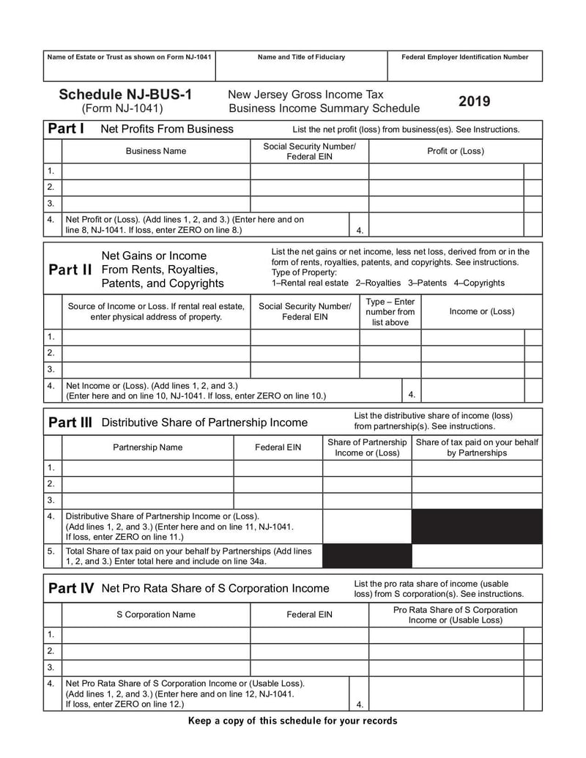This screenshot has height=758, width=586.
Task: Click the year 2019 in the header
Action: coord(475,101)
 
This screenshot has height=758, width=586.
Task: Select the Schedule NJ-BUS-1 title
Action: coord(125,94)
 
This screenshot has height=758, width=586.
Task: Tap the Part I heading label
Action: coord(66,129)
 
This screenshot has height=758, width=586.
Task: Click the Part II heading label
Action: coord(70,270)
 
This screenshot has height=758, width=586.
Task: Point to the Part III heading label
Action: coord(70,423)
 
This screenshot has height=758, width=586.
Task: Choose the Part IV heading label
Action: coord(70,588)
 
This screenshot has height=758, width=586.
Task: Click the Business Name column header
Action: coord(156,151)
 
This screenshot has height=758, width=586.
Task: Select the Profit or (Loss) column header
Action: coord(455,151)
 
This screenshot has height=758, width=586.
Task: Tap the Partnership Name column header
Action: coord(147,447)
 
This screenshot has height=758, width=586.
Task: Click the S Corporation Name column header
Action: coord(156,614)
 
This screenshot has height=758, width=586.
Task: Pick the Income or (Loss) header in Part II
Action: coord(481,311)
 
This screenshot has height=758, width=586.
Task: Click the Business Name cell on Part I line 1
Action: coord(156,171)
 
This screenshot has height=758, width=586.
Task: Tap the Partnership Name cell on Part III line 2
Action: coord(147,484)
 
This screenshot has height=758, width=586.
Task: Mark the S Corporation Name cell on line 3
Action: coord(156,667)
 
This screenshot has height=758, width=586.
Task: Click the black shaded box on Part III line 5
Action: coord(366,556)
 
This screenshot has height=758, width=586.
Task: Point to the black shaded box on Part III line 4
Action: coord(477,527)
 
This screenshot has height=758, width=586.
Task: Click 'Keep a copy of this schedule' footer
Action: coord(293,721)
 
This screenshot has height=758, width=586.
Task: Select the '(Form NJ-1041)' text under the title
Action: coord(122,108)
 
